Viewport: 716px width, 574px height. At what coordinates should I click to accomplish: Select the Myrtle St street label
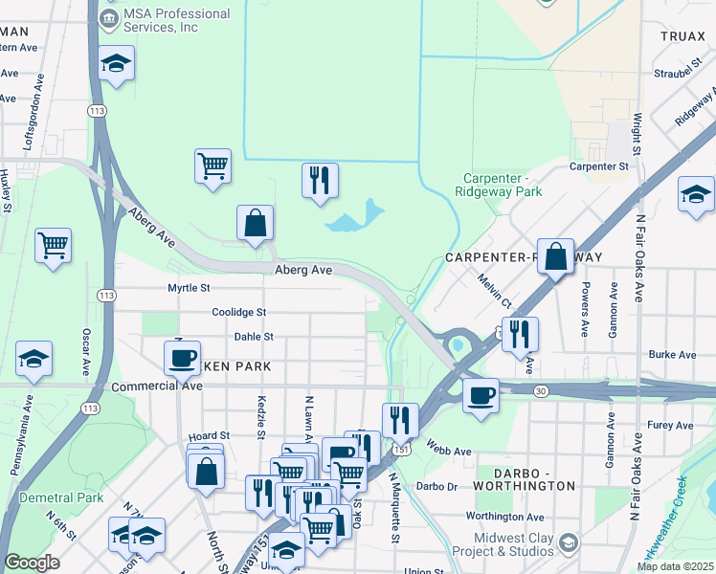click(x=189, y=287)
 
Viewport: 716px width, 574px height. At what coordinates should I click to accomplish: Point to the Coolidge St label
click(x=238, y=312)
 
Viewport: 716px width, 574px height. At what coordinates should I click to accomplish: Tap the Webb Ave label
click(x=449, y=451)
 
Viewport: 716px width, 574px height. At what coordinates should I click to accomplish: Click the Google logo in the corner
click(x=32, y=563)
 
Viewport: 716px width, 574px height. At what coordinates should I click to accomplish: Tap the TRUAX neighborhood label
click(x=682, y=35)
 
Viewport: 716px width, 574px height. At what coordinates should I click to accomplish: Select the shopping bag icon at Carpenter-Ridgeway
click(x=555, y=256)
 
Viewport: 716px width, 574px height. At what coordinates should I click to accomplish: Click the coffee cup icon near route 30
click(x=481, y=393)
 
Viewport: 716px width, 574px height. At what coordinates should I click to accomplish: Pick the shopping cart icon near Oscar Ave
click(x=54, y=245)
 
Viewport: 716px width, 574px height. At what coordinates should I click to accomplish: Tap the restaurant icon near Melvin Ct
click(x=520, y=334)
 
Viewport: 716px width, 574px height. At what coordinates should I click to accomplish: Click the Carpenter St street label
click(x=597, y=166)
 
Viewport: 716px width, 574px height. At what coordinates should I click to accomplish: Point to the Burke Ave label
click(x=672, y=354)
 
